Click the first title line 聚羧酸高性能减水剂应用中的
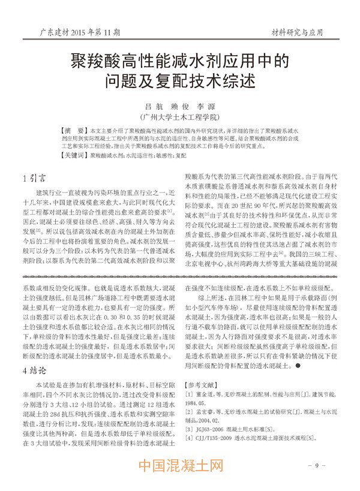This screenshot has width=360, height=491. (x=180, y=60)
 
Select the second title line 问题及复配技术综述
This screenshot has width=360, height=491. (x=180, y=80)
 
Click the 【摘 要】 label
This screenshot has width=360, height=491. (x=75, y=129)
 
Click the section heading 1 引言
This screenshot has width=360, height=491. (x=37, y=178)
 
